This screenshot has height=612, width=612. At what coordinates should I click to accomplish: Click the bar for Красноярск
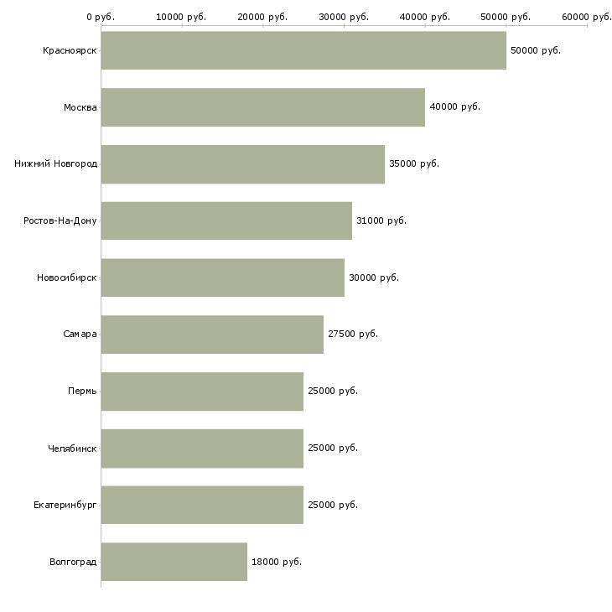(x=303, y=50)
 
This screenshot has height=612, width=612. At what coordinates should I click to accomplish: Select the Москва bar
(x=262, y=107)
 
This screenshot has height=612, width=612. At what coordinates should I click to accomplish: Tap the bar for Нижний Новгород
(x=242, y=164)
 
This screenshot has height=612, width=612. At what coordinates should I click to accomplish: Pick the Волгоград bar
(x=174, y=562)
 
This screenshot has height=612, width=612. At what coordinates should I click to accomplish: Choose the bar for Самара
(x=212, y=335)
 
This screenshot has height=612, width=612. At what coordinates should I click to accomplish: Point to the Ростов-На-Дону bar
(x=226, y=220)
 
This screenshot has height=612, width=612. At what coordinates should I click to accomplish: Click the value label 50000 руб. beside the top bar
(x=535, y=50)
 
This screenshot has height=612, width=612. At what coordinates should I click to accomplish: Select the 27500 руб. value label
(x=353, y=335)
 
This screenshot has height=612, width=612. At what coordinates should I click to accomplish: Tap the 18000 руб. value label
(x=276, y=562)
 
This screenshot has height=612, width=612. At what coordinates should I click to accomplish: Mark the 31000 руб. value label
(x=381, y=220)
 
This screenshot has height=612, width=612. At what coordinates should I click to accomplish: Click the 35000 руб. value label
(x=413, y=164)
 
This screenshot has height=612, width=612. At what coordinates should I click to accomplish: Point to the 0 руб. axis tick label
(x=101, y=17)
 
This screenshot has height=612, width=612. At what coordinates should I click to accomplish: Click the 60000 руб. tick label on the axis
(x=586, y=17)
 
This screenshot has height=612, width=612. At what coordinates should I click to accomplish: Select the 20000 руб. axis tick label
(x=262, y=17)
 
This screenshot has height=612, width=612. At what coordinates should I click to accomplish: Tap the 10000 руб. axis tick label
(x=181, y=17)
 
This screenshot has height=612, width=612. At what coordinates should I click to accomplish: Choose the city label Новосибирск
(x=67, y=277)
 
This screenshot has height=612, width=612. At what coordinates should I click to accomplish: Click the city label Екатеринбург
(x=65, y=505)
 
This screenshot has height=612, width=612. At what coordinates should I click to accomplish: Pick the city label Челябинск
(x=72, y=448)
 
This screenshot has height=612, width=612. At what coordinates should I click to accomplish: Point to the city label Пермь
(x=82, y=392)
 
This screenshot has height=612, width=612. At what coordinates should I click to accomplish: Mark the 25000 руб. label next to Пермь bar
(x=332, y=392)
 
